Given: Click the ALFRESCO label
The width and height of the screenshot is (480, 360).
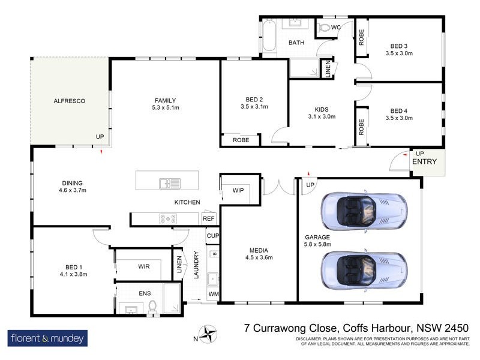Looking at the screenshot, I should [x=70, y=101].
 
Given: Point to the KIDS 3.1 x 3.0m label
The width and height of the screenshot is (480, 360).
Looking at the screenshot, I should [x=322, y=113].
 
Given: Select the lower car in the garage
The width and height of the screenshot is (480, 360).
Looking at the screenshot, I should [x=362, y=268].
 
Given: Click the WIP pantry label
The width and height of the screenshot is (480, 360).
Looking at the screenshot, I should [x=238, y=190].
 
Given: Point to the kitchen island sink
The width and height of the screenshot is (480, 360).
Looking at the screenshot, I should [x=169, y=183].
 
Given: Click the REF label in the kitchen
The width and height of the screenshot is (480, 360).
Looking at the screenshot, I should [x=208, y=219].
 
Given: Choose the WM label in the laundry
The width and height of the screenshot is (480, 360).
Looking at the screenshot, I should [x=213, y=294].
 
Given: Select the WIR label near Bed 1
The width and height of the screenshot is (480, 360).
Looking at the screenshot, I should [x=143, y=266].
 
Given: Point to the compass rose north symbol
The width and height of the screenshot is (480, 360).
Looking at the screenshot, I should [x=209, y=334].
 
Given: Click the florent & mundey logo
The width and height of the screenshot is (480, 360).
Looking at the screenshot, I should [x=47, y=338].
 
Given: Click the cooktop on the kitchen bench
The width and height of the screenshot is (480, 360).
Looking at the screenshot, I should [x=167, y=219].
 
